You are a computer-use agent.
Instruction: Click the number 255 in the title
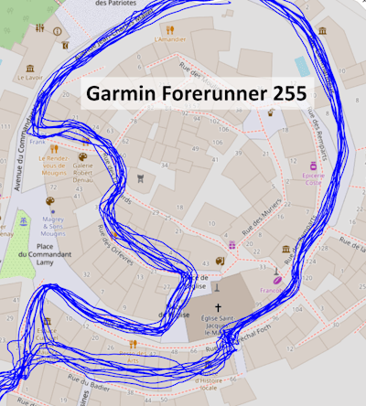[x=282, y=94]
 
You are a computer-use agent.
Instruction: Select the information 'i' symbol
[x=58, y=31]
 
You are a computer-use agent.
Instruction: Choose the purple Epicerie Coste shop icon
[x=314, y=167]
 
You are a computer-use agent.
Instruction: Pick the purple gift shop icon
[x=232, y=245]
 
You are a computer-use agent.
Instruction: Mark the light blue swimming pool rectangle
[x=302, y=65]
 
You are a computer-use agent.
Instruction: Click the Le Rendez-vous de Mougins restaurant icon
[x=54, y=148]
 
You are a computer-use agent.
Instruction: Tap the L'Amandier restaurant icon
[x=159, y=27]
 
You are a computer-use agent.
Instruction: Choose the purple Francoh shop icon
[x=276, y=272]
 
